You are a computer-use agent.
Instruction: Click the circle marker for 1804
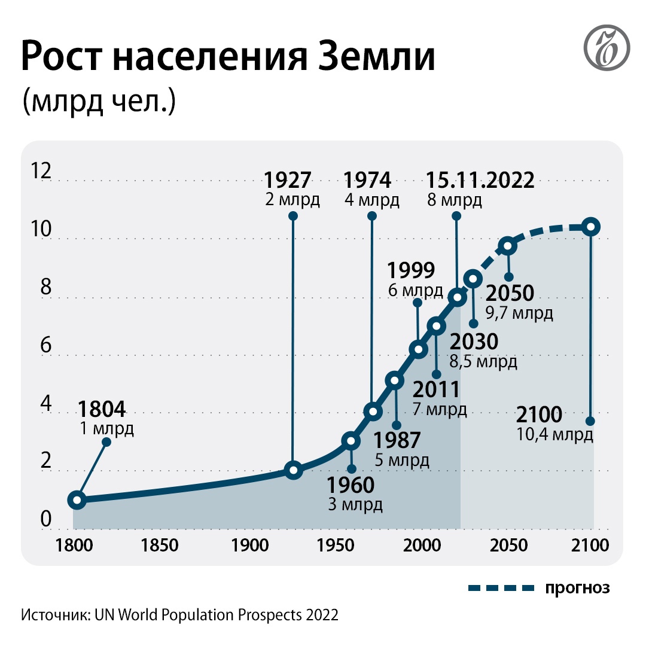(x=77, y=499)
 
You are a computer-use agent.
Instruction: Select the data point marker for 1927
(x=293, y=470)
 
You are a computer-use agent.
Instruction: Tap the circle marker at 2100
(x=591, y=226)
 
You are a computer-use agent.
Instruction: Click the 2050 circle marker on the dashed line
(x=508, y=246)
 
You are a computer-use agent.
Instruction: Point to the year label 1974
(x=368, y=180)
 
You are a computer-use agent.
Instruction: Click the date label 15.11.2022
(x=480, y=180)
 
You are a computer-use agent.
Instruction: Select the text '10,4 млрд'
(x=554, y=434)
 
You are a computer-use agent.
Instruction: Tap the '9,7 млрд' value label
(x=519, y=313)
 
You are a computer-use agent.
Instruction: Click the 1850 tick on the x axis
(x=160, y=546)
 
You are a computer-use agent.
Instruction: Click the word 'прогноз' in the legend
(x=577, y=587)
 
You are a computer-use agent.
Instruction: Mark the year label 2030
(x=474, y=342)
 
